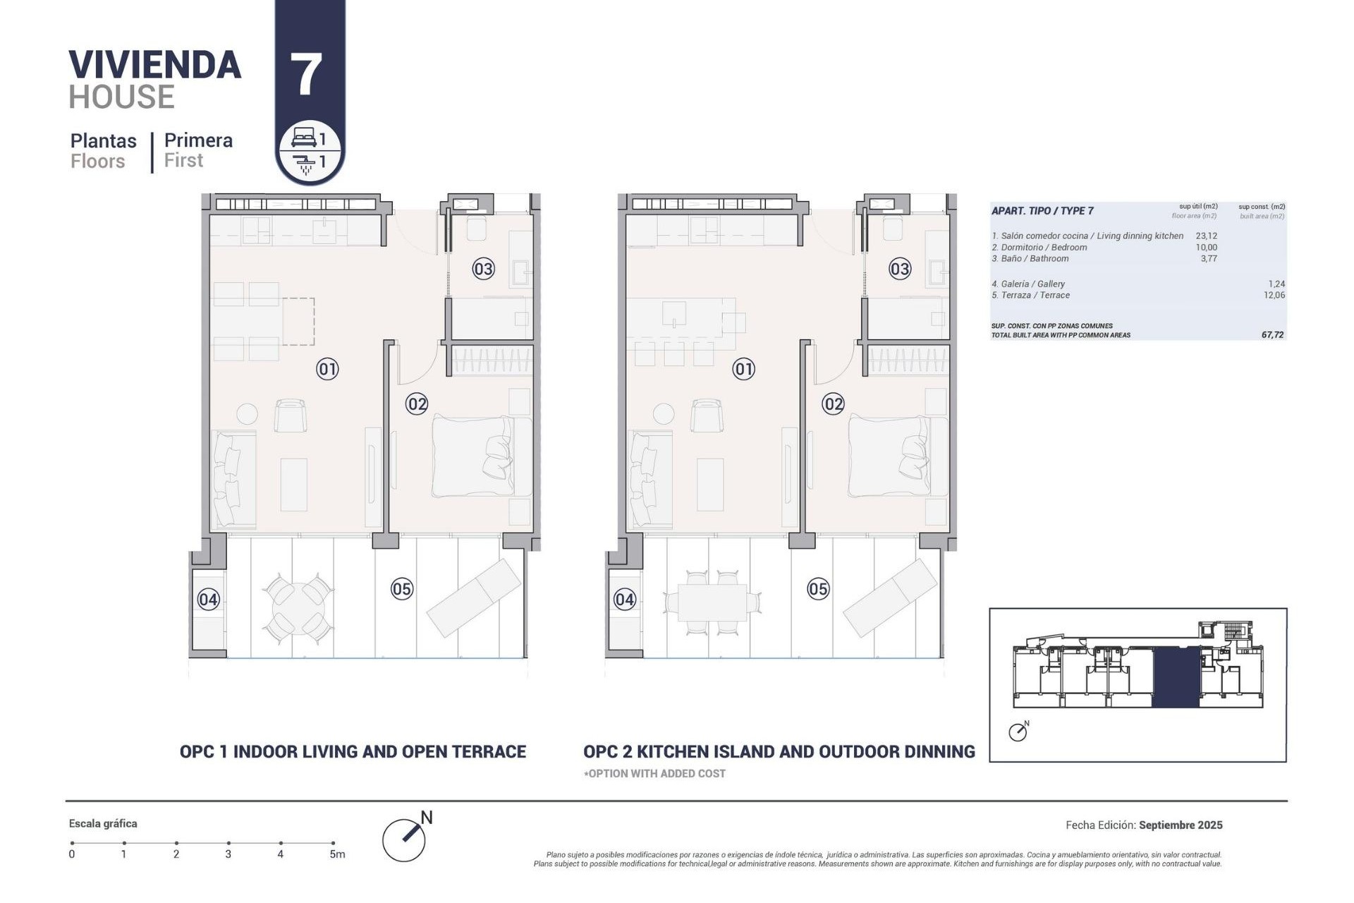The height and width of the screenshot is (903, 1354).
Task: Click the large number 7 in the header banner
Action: (x=306, y=75)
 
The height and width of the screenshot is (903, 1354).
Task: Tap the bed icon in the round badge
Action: (x=304, y=137)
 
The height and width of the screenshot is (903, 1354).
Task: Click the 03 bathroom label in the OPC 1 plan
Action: (x=483, y=269)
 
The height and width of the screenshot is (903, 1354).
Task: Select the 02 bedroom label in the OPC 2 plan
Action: (x=833, y=404)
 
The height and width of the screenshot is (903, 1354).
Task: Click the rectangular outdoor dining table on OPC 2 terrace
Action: (x=712, y=602)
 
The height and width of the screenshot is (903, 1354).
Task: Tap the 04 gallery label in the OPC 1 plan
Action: (x=208, y=600)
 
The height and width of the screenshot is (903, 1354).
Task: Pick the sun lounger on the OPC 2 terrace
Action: (x=890, y=597)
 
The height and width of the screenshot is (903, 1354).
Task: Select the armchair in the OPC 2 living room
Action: (x=707, y=416)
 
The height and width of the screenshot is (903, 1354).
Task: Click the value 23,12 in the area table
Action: (x=1206, y=236)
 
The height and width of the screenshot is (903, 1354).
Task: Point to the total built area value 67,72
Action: (x=1272, y=335)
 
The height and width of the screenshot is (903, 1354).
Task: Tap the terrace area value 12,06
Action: (x=1274, y=296)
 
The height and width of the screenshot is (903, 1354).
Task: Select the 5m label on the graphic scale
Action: (x=337, y=854)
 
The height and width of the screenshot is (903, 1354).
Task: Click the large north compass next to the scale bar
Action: (x=405, y=840)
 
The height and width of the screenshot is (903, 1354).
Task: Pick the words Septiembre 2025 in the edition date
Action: (x=1181, y=825)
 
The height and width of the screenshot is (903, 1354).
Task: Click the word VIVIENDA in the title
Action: (x=155, y=65)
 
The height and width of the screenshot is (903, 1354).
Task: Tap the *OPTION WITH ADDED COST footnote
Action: (x=654, y=774)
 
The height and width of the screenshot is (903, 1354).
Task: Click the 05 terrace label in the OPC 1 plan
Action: (x=402, y=589)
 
